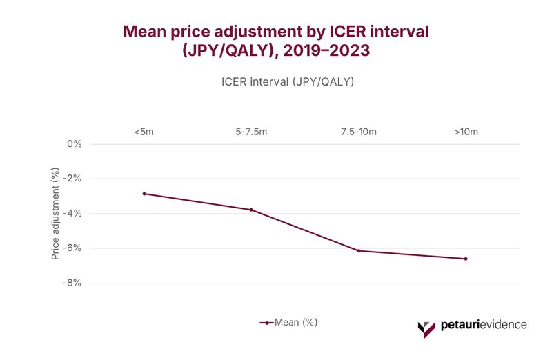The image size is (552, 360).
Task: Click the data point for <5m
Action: coord(144,194)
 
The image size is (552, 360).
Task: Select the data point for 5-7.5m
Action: coord(251,210)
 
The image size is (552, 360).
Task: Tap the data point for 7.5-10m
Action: coord(359,250)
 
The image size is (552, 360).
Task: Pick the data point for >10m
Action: coord(466,259)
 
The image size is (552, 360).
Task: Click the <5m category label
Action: coord(144,131)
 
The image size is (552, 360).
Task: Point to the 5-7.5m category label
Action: coord(251,131)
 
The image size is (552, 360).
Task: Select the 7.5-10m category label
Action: coord(359,131)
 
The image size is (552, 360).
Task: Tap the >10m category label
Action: coord(466,131)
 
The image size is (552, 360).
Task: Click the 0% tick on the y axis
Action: coord(74,144)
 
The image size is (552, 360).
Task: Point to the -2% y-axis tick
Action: coord(72,179)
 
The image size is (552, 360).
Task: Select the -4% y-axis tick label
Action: coord(72,213)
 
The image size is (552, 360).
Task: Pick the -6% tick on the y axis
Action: coord(72,248)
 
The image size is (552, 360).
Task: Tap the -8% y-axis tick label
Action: coord(72,283)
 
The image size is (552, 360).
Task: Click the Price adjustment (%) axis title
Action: coord(55,215)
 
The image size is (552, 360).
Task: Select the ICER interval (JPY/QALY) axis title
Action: coord(288,81)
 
